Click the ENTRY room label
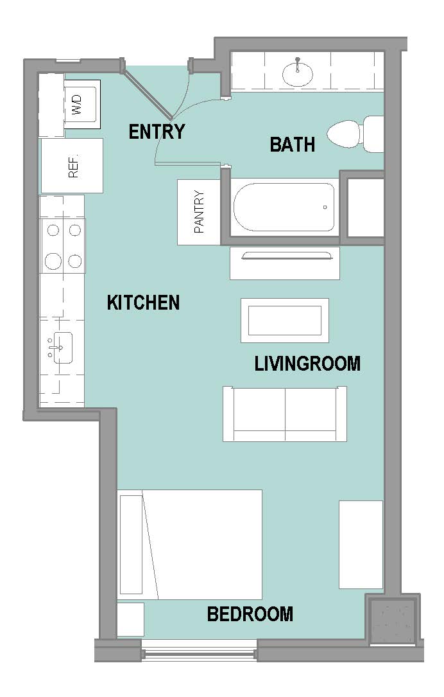pyautogui.click(x=157, y=132)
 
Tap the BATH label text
pyautogui.click(x=293, y=145)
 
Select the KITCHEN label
pyautogui.click(x=144, y=303)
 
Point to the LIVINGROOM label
pyautogui.click(x=307, y=363)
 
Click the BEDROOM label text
pyautogui.click(x=250, y=614)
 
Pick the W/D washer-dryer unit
pyautogui.click(x=82, y=105)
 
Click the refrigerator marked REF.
pyautogui.click(x=72, y=166)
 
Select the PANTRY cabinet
pyautogui.click(x=199, y=212)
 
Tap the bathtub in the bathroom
pyautogui.click(x=284, y=207)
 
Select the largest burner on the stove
pyautogui.click(x=53, y=261)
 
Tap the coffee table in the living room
pyautogui.click(x=285, y=321)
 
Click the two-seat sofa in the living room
pyautogui.click(x=285, y=414)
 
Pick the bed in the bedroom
pyautogui.click(x=190, y=545)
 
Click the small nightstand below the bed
pyautogui.click(x=130, y=619)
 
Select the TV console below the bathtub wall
pyautogui.click(x=285, y=263)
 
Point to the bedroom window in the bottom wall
pyautogui.click(x=199, y=652)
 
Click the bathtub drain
pyautogui.click(x=325, y=207)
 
